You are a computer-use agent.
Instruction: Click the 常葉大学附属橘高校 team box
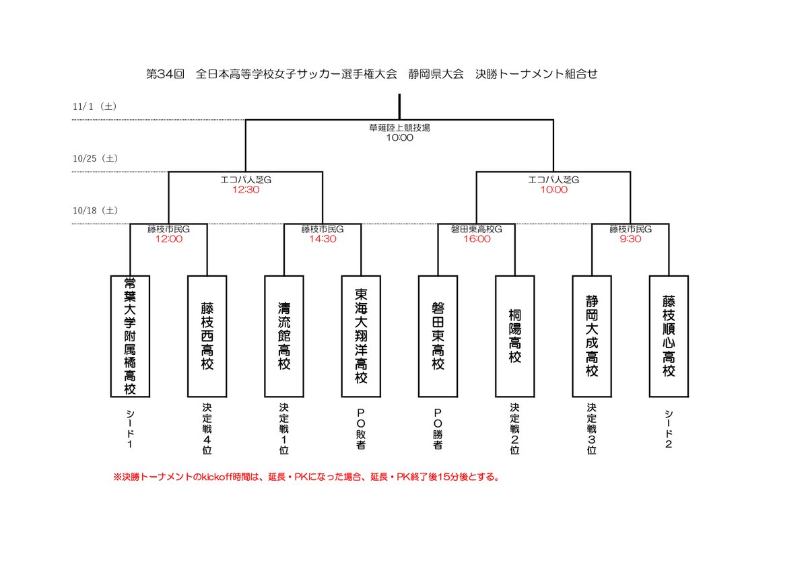pyautogui.click(x=130, y=336)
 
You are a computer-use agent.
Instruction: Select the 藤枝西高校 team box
pyautogui.click(x=207, y=336)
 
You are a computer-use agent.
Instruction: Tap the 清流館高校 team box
pyautogui.click(x=284, y=336)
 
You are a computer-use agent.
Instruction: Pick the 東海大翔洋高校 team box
pyautogui.click(x=361, y=336)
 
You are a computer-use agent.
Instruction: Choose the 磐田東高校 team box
pyautogui.click(x=438, y=336)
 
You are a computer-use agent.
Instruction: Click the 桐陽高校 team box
pyautogui.click(x=515, y=336)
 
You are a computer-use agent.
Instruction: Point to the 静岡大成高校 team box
pyautogui.click(x=592, y=336)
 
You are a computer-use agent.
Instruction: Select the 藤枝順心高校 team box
pyautogui.click(x=669, y=336)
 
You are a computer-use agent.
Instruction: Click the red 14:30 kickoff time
pyautogui.click(x=323, y=238)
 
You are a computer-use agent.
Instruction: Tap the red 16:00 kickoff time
pyautogui.click(x=477, y=238)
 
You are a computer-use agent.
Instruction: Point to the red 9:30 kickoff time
pyautogui.click(x=630, y=238)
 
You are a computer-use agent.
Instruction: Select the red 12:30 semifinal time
pyautogui.click(x=245, y=190)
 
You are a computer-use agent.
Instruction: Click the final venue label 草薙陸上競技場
pyautogui.click(x=399, y=127)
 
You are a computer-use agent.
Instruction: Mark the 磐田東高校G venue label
pyautogui.click(x=477, y=229)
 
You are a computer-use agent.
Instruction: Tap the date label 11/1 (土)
pyautogui.click(x=94, y=107)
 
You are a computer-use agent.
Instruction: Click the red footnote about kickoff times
pyautogui.click(x=306, y=477)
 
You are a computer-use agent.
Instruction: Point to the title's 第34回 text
pyautogui.click(x=165, y=74)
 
